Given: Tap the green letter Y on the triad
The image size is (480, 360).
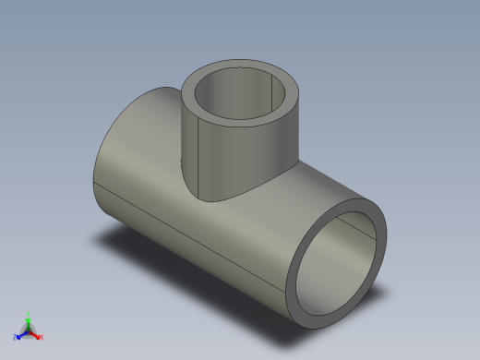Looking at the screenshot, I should click(x=29, y=313).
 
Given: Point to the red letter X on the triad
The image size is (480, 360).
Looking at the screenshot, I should click(x=41, y=337).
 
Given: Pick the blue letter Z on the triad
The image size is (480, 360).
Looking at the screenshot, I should click(x=15, y=337).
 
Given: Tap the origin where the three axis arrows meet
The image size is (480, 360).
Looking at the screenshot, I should click(x=28, y=330).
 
